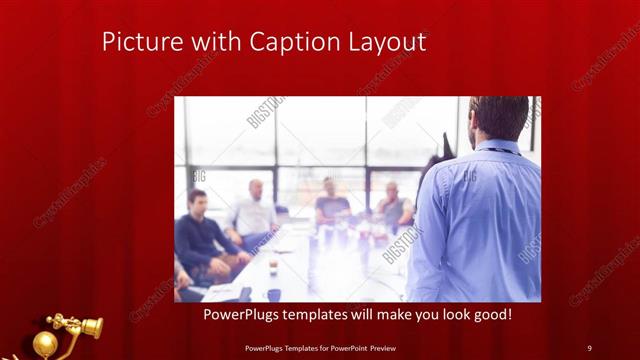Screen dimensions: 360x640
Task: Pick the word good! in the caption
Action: pos(490,315)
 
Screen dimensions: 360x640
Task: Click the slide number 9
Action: pos(589,347)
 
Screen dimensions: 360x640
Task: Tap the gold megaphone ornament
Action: pos(76,325)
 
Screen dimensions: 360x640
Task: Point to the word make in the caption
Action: pos(380,315)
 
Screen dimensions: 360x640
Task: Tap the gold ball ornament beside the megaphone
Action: pos(45,343)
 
